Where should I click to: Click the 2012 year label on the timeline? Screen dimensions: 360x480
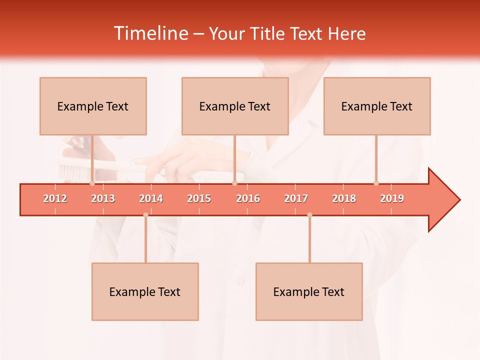55,198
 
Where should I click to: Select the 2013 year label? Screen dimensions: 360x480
103,198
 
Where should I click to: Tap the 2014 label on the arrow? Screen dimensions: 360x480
151,198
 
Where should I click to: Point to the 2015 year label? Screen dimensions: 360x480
199,198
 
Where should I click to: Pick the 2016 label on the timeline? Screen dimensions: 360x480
248,198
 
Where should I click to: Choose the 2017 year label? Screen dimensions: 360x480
296,198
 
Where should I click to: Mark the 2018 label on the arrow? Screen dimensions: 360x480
344,198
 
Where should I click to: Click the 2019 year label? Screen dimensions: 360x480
392,198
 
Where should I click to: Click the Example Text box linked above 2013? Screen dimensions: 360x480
93,106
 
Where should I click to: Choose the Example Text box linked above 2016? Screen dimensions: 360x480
235,106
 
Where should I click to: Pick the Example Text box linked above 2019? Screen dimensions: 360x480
377,106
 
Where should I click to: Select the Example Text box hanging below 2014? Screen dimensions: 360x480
145,291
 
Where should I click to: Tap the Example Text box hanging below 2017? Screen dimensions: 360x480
309,291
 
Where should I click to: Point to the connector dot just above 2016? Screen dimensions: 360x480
235,183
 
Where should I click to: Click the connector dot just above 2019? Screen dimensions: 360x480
376,183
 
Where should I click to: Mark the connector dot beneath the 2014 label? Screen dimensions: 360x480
145,215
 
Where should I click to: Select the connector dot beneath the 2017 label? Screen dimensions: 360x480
309,215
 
